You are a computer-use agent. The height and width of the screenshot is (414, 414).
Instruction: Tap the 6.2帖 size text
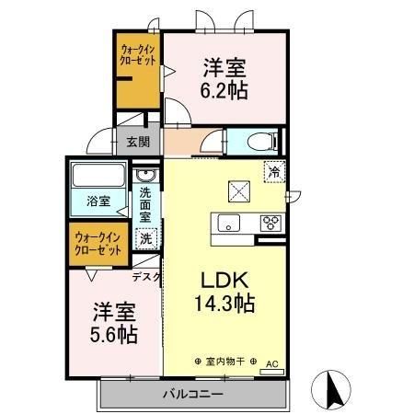coord(225,90)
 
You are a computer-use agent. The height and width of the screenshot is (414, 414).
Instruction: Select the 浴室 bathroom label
coord(98,199)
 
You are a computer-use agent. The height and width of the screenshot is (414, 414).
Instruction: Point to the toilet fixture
coord(263,142)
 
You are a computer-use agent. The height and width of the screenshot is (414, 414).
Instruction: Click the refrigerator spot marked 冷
coord(273,170)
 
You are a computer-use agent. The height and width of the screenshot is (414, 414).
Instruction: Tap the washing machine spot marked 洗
coord(145,238)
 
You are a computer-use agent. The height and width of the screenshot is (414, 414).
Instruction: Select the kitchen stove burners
coord(271,222)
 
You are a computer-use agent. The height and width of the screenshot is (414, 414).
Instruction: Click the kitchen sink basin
coord(225,222)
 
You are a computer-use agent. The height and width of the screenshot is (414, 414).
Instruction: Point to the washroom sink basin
coord(145,176)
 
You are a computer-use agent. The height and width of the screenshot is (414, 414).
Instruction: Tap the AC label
coord(271,362)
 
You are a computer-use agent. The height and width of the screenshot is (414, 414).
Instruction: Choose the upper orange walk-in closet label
coord(137,55)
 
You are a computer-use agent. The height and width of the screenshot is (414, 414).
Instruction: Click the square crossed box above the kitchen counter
coord(240,191)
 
